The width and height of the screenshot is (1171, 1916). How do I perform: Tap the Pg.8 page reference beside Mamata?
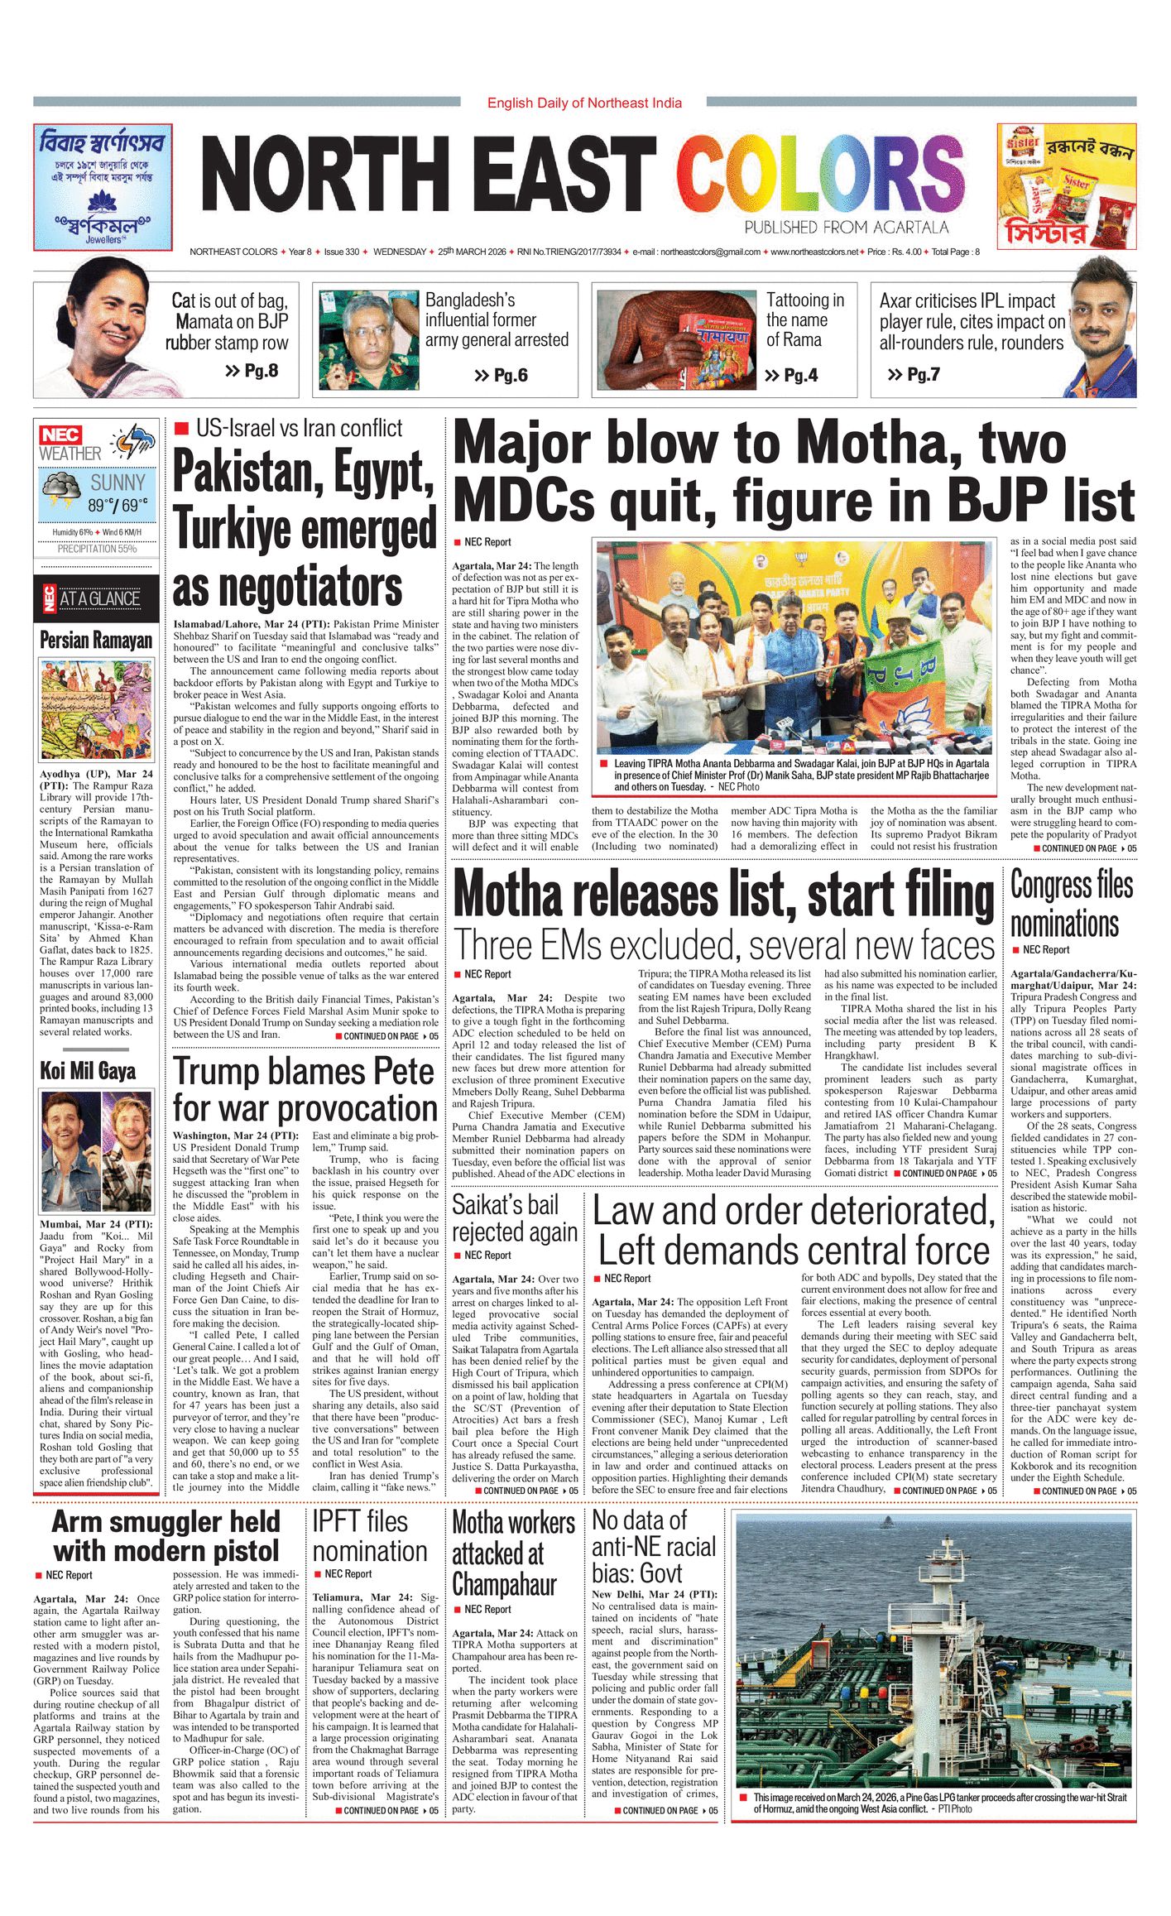click(x=252, y=371)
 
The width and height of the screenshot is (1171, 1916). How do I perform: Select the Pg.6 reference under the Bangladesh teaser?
click(x=502, y=376)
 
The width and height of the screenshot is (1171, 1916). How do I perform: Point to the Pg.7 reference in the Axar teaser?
click(x=914, y=374)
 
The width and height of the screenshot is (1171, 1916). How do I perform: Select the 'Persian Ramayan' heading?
click(x=96, y=640)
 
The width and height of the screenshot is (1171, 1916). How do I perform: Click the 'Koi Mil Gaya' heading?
click(x=88, y=1070)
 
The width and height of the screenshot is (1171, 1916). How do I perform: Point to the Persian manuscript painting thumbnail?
click(x=96, y=709)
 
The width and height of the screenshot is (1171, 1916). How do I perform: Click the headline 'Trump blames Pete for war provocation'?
click(x=305, y=1089)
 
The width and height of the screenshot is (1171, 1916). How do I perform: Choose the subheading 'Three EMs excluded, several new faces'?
click(x=724, y=945)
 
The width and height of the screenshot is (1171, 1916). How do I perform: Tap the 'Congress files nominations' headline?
click(x=1072, y=904)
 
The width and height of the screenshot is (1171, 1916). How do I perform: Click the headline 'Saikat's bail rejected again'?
click(x=514, y=1217)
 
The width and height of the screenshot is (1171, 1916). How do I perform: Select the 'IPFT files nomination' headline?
click(x=370, y=1535)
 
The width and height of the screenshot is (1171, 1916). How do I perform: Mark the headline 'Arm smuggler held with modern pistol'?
click(x=166, y=1536)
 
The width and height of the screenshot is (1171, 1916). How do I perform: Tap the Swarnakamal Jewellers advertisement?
click(x=103, y=187)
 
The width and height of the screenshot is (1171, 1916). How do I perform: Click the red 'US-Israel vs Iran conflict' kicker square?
click(x=181, y=428)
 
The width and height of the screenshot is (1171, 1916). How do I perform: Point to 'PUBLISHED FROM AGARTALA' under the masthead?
click(x=846, y=227)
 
